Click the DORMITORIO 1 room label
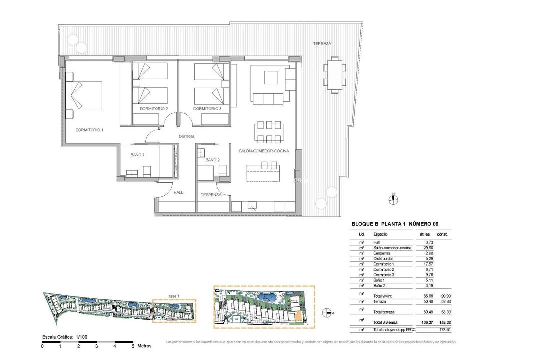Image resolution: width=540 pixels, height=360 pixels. pyautogui.click(x=89, y=130)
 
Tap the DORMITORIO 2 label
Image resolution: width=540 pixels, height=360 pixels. pyautogui.click(x=154, y=109)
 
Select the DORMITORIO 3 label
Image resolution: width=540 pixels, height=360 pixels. pyautogui.click(x=207, y=109)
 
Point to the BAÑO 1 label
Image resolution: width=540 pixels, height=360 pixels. pyautogui.click(x=137, y=155)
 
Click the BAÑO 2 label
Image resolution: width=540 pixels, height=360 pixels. pyautogui.click(x=212, y=160)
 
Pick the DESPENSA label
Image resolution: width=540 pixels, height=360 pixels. pyautogui.click(x=211, y=195)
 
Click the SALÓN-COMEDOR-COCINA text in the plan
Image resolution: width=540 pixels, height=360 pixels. pyautogui.click(x=264, y=151)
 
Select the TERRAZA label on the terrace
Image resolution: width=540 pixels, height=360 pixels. pyautogui.click(x=322, y=44)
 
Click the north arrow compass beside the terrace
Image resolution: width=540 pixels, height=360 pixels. pyautogui.click(x=394, y=199)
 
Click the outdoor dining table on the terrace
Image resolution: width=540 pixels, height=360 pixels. pyautogui.click(x=333, y=74)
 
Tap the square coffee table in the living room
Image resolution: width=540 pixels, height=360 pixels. pyautogui.click(x=271, y=78)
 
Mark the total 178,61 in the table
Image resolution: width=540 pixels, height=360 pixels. pyautogui.click(x=444, y=330)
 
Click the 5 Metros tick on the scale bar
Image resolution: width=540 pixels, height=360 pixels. pyautogui.click(x=133, y=345)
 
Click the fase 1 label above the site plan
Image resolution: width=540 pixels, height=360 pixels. pyautogui.click(x=174, y=296)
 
